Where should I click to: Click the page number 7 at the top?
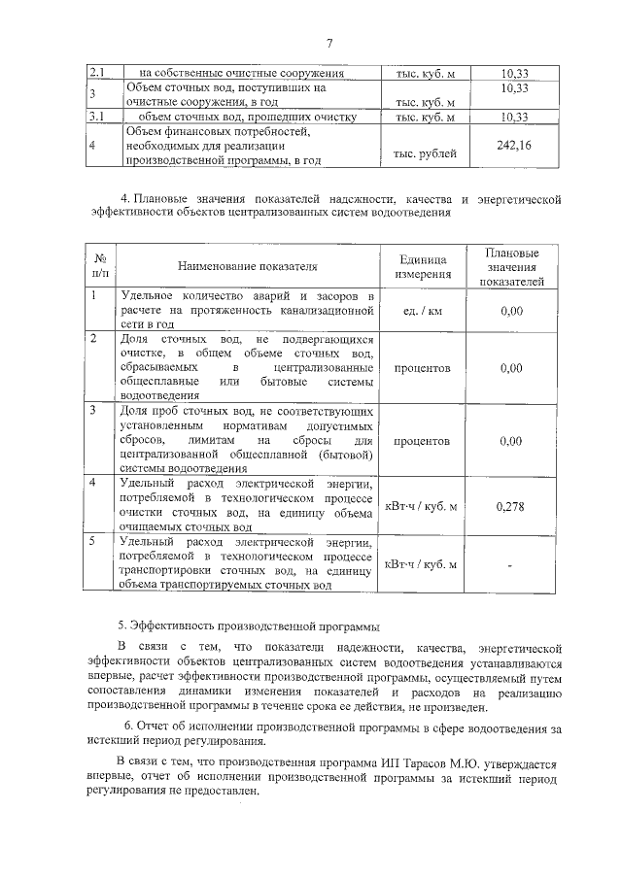point(329,43)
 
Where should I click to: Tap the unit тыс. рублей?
point(423,153)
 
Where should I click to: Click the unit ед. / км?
point(422,311)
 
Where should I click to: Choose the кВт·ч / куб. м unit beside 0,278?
point(422,505)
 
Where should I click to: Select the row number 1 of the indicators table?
point(92,294)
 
